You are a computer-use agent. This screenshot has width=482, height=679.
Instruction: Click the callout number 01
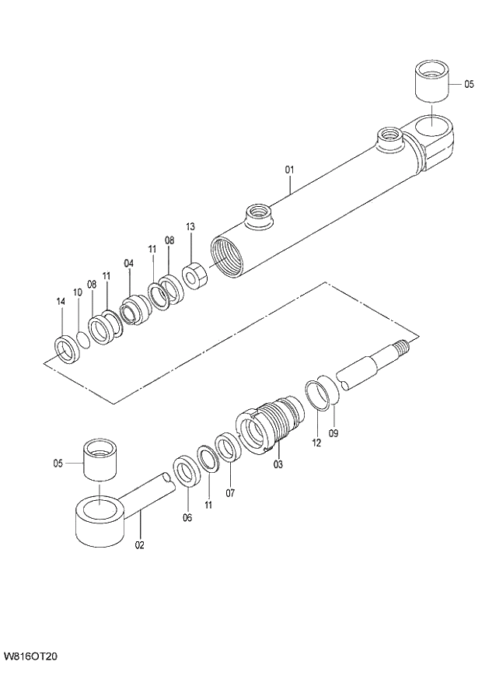[x=288, y=169]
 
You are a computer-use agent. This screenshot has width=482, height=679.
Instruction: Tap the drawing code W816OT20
[x=30, y=656]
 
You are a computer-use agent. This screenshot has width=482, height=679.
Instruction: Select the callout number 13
[x=190, y=226]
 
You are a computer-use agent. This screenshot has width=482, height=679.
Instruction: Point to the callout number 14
[x=60, y=301]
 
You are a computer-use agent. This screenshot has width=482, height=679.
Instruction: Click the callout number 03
[x=278, y=464]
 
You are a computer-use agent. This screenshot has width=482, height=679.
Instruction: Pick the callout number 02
[x=140, y=544]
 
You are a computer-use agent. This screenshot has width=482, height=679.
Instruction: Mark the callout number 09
[x=334, y=432]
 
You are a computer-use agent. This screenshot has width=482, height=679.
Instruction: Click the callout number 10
[x=77, y=292]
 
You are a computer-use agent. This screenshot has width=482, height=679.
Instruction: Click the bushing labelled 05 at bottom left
[x=102, y=460]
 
